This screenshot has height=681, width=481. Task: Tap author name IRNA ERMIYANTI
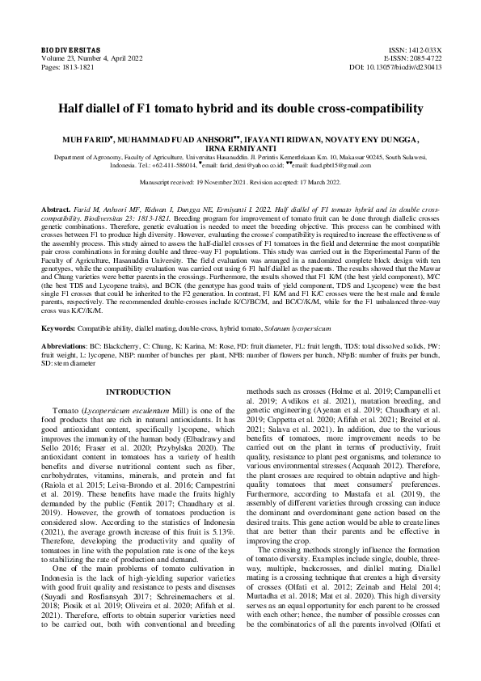(240, 149)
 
